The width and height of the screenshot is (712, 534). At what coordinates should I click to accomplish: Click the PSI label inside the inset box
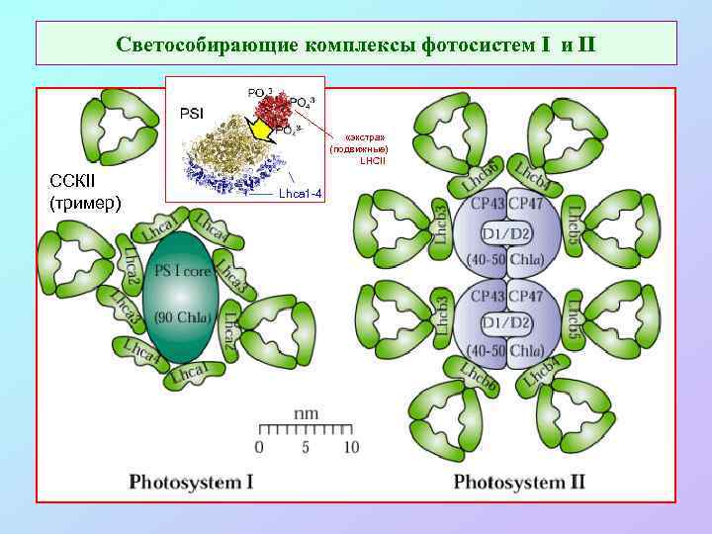[191, 113]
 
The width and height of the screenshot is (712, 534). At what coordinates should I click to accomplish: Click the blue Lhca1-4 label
[300, 192]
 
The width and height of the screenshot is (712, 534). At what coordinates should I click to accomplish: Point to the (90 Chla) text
[181, 317]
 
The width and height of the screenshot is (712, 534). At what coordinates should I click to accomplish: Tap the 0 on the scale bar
[259, 447]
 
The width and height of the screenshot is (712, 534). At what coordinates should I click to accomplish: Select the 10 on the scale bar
[350, 447]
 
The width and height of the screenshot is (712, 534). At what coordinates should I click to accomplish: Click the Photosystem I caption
[191, 482]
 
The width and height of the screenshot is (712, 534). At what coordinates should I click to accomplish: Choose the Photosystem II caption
[519, 482]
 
